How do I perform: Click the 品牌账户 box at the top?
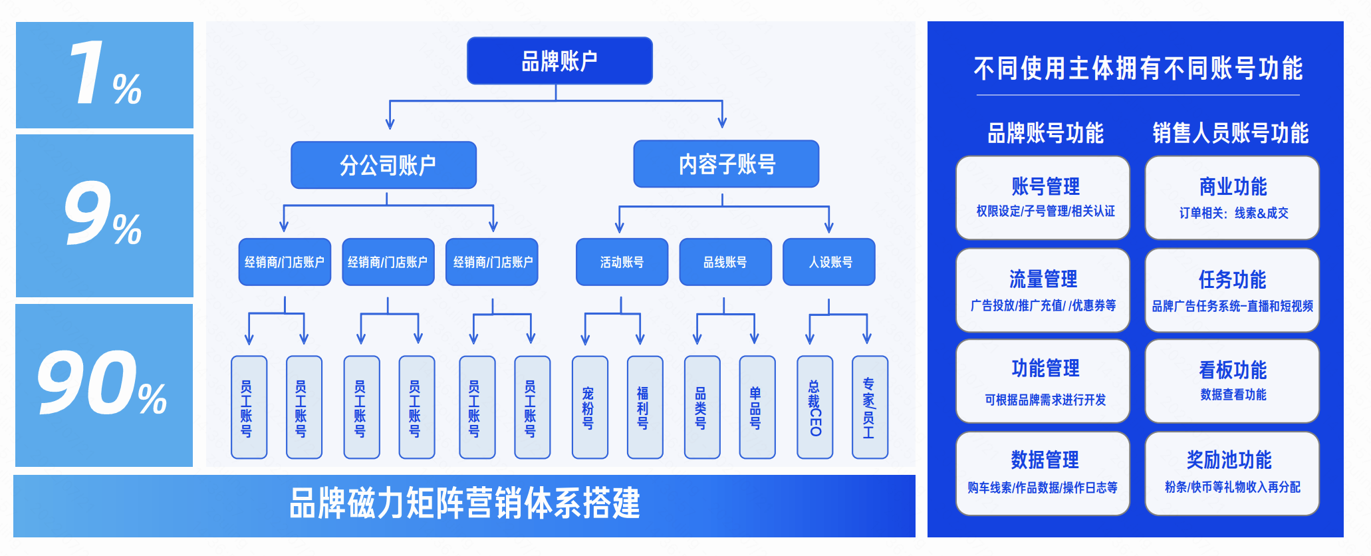(x=559, y=61)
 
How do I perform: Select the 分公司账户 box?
(x=384, y=165)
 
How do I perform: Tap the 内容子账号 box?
(x=726, y=164)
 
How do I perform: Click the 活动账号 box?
(x=622, y=262)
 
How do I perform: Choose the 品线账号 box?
(x=725, y=262)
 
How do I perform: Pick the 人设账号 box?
(x=829, y=262)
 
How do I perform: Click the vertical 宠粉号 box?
(x=590, y=407)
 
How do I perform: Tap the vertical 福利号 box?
(x=645, y=407)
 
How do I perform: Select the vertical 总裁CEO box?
(x=815, y=407)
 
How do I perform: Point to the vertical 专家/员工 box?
(x=870, y=407)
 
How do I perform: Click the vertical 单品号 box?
(x=757, y=407)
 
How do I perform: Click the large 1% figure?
(x=104, y=74)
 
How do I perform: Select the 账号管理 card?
(x=1043, y=198)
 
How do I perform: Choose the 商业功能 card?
(x=1232, y=198)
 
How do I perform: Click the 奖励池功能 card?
(x=1232, y=473)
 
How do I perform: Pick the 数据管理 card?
(x=1043, y=473)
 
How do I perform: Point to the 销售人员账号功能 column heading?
(x=1230, y=133)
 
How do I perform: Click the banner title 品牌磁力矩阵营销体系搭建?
(x=464, y=503)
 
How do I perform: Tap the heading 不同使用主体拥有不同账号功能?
(x=1138, y=69)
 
